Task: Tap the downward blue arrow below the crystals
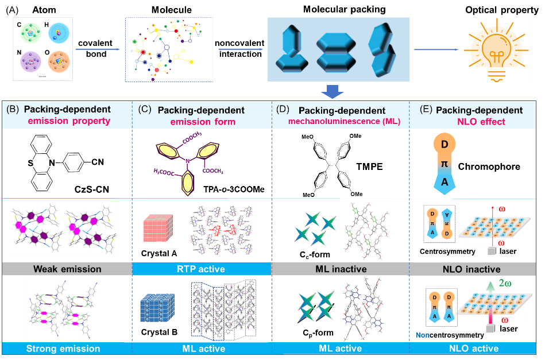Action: coord(332,91)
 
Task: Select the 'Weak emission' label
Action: coord(67,269)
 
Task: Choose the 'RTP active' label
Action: coord(202,269)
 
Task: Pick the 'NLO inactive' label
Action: coord(476,269)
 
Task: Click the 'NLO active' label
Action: coord(476,349)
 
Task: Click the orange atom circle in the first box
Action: coord(58,61)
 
